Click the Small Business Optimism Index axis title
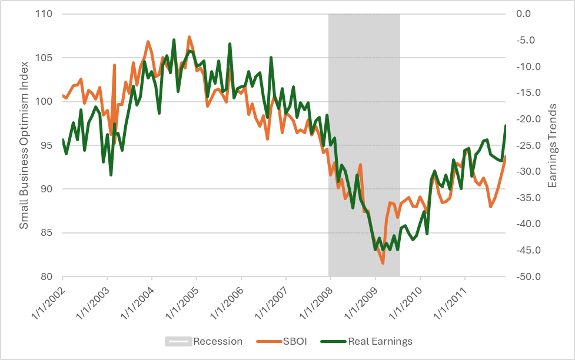coord(24,145)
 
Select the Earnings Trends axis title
coord(553,145)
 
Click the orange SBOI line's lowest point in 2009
coord(383,263)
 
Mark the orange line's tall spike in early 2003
coord(114,65)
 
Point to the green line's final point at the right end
coord(506,125)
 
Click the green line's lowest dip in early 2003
coord(111,175)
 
